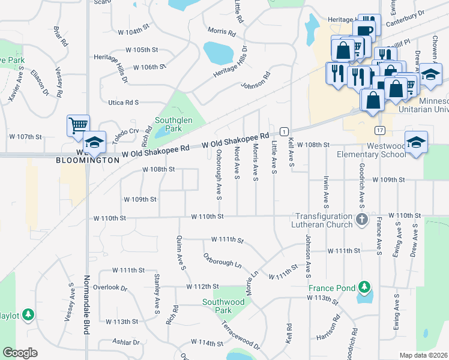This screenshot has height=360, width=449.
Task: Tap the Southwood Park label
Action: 217,306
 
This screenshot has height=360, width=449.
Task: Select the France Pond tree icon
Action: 363,288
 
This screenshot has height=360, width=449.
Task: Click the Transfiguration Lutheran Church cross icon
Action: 361,220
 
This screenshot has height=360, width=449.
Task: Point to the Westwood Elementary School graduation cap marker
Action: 416,143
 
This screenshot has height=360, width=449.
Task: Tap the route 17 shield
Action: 379,130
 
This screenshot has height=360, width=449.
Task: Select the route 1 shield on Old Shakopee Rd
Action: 284,131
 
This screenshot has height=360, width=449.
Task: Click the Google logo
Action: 20,353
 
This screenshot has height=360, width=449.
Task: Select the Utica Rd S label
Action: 123,103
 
